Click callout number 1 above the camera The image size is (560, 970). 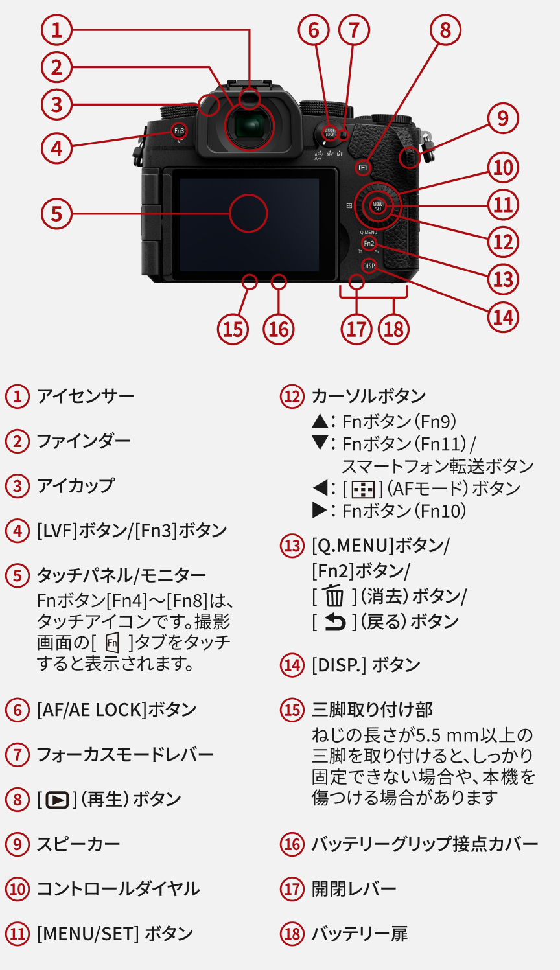pyautogui.click(x=56, y=30)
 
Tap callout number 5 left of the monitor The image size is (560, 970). pyautogui.click(x=56, y=213)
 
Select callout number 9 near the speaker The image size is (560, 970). pyautogui.click(x=503, y=119)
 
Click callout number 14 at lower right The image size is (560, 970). pyautogui.click(x=503, y=317)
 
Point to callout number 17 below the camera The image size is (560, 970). pyautogui.click(x=356, y=329)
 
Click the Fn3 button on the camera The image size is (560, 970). pyautogui.click(x=179, y=131)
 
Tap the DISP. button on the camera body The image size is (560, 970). pyautogui.click(x=369, y=266)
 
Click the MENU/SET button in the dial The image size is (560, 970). pyautogui.click(x=378, y=206)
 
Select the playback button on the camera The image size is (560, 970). pyautogui.click(x=363, y=167)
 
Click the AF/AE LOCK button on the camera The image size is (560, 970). pyautogui.click(x=330, y=133)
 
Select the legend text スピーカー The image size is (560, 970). pyautogui.click(x=78, y=844)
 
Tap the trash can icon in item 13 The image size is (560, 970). pyautogui.click(x=334, y=595)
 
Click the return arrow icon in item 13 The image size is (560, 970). pyautogui.click(x=334, y=621)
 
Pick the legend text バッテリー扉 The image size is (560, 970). pyautogui.click(x=360, y=934)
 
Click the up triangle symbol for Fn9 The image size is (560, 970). pyautogui.click(x=320, y=422)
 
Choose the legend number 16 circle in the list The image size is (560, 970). pyautogui.click(x=292, y=844)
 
